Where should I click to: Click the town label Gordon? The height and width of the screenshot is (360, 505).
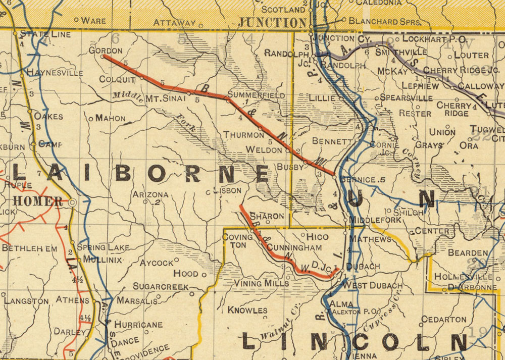106,50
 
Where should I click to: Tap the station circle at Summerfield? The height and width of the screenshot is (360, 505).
228,101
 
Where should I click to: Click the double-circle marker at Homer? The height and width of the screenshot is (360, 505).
72,202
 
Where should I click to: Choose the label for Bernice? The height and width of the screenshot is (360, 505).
359,180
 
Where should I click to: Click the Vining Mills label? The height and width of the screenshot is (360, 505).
261,283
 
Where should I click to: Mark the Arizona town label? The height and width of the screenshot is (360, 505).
150,194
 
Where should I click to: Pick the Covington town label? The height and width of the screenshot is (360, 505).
237,240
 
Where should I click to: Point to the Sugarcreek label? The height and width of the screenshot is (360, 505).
160,286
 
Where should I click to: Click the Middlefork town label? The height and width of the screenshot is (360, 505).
375,220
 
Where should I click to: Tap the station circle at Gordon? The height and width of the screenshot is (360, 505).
103,57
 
